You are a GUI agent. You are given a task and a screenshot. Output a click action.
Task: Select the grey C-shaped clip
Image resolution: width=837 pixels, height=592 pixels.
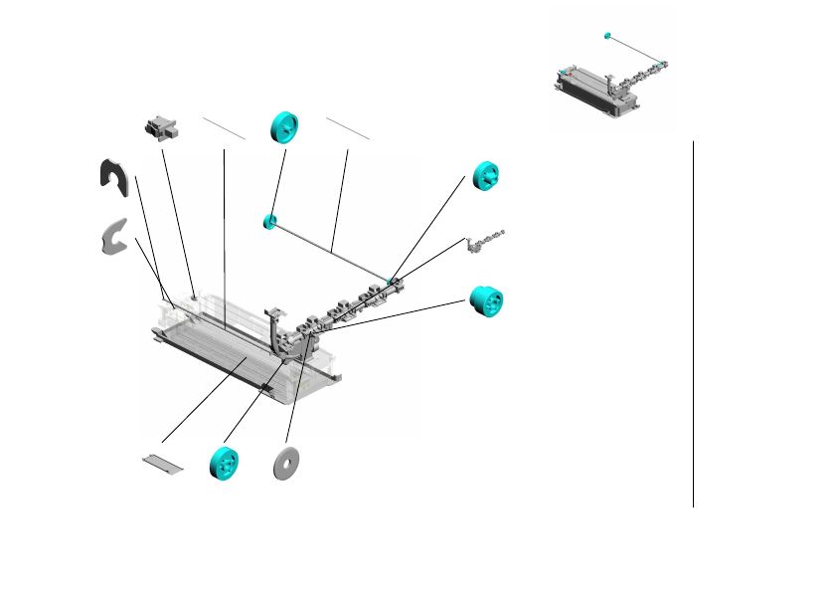pyautogui.click(x=115, y=236)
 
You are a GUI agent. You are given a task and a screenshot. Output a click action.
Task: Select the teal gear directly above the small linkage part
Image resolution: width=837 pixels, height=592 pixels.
pyautogui.click(x=488, y=175)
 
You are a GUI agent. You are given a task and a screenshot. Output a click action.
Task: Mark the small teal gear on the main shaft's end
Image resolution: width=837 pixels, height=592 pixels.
pyautogui.click(x=268, y=220)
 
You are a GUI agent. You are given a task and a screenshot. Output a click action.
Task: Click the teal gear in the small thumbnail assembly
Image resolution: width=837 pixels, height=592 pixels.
pyautogui.click(x=606, y=37)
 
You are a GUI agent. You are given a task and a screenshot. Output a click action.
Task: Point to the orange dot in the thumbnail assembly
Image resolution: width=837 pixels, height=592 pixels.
pyautogui.click(x=571, y=76)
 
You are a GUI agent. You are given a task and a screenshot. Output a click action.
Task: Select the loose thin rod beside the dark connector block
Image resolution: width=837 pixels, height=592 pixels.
pyautogui.click(x=223, y=127)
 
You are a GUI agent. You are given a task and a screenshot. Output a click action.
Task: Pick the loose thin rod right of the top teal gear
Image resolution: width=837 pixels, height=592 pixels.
pyautogui.click(x=347, y=128)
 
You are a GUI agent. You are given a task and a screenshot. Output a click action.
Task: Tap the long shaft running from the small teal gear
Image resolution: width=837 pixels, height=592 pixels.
pyautogui.click(x=328, y=250)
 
